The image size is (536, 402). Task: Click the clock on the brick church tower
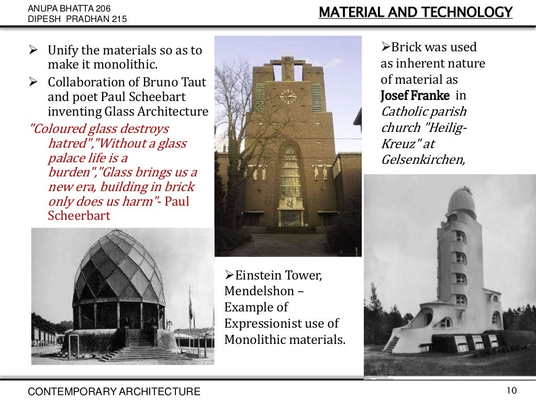tap(288, 96)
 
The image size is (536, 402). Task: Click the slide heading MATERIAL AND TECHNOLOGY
tap(415, 12)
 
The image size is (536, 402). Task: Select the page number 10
tap(511, 390)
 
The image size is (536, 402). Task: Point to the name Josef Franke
tap(415, 96)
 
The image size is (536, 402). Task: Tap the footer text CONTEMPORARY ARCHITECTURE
tap(114, 391)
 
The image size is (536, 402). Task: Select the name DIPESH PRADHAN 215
tap(77, 20)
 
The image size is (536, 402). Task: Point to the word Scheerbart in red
tap(79, 215)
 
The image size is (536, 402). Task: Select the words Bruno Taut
tap(178, 83)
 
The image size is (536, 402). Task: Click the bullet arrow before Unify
tap(32, 51)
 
